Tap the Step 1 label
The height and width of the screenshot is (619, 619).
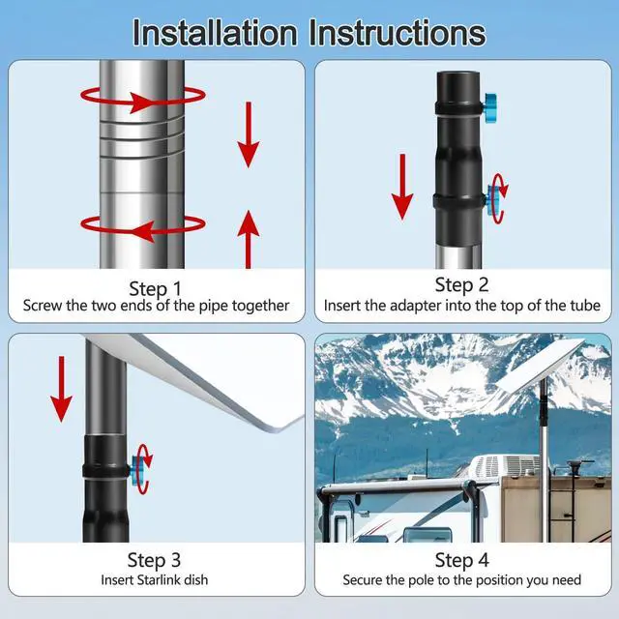point(155,287)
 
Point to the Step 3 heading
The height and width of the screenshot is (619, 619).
point(155,560)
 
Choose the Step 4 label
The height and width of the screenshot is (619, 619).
point(461,560)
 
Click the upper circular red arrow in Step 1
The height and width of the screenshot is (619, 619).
point(142,97)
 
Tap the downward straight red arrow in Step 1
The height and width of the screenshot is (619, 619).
point(250,135)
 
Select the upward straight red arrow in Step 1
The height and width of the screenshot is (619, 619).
point(250,237)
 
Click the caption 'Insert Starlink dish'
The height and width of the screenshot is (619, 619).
point(155,581)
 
